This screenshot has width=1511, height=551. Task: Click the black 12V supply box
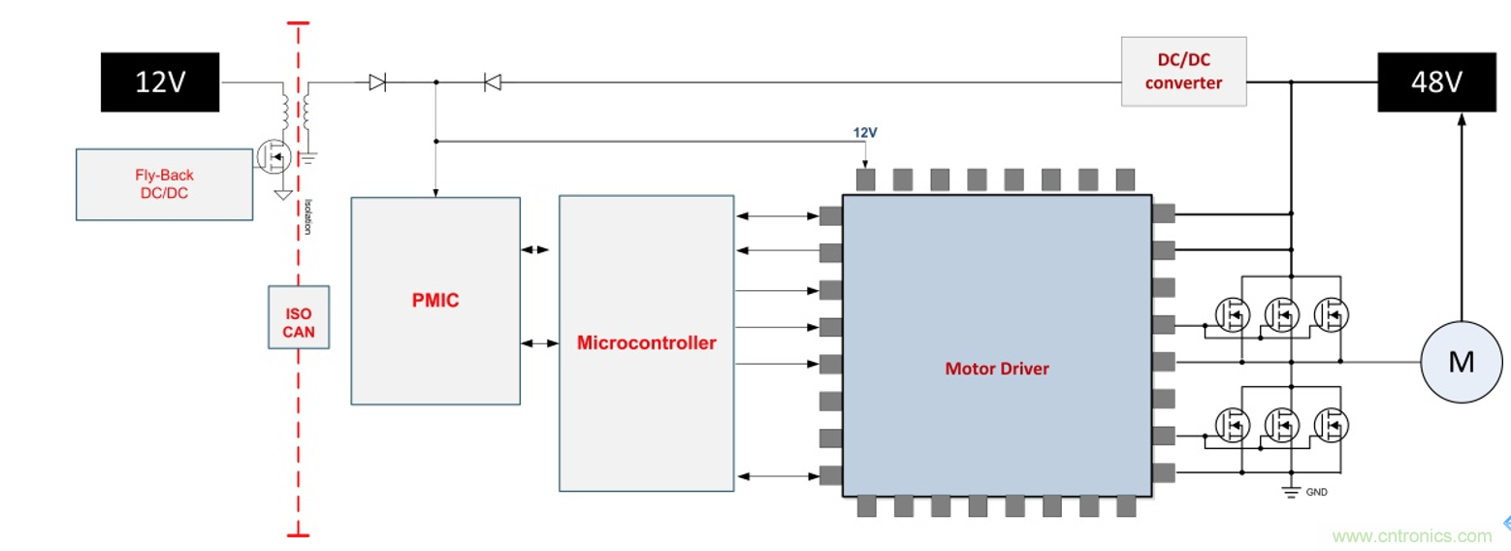[159, 83]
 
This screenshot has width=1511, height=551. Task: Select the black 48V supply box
[1435, 83]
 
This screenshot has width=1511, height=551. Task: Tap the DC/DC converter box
[1183, 72]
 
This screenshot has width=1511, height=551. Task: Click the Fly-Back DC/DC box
[164, 184]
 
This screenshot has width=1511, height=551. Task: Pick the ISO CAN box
[299, 317]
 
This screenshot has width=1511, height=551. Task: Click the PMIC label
[434, 301]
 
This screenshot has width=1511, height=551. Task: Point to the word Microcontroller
[646, 342]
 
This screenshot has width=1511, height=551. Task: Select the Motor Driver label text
[996, 369]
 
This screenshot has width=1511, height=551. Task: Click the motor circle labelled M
[1461, 362]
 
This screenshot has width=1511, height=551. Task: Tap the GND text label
[1316, 493]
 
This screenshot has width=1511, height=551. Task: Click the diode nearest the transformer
[377, 83]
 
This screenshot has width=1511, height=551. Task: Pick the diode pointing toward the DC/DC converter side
[492, 83]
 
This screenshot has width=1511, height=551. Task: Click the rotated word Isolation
[308, 216]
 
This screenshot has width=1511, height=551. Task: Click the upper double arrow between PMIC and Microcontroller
[534, 249]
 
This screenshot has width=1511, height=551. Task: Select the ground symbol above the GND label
[1291, 491]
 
